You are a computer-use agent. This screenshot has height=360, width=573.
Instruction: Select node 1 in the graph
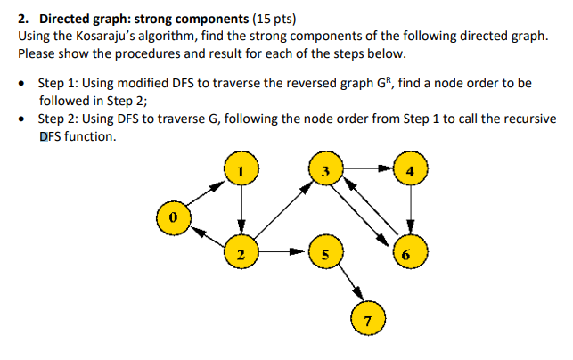tap(240, 168)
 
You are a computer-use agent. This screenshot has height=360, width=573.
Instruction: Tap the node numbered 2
tap(240, 254)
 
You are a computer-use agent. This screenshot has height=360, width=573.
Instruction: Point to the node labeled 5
tap(326, 254)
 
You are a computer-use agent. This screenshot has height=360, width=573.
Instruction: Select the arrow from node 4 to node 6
tap(409, 210)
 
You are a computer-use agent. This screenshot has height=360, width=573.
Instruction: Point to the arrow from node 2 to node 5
tap(282, 254)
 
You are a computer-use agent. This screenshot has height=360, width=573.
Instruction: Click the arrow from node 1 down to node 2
tap(240, 210)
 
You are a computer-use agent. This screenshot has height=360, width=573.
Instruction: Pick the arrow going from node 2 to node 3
tap(283, 210)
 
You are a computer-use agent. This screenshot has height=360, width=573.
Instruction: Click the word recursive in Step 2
tap(523, 120)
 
